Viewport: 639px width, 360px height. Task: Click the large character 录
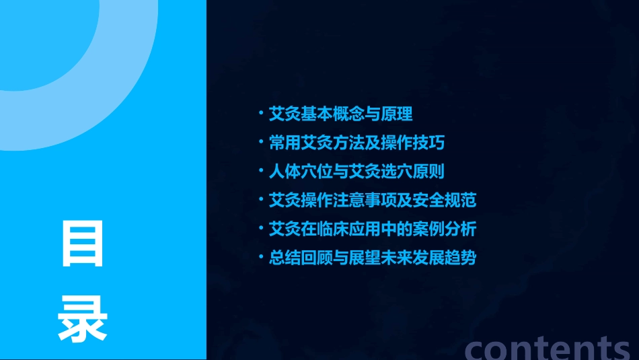click(83, 318)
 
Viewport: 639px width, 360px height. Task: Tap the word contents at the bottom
click(548, 348)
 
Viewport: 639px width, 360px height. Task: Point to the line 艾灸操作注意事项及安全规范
click(373, 201)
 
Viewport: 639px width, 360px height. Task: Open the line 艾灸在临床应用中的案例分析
click(373, 229)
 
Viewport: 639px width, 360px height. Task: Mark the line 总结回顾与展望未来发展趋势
click(373, 258)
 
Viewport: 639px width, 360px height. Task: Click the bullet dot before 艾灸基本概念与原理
click(262, 114)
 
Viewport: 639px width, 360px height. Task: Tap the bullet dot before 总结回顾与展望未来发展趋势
click(262, 258)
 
